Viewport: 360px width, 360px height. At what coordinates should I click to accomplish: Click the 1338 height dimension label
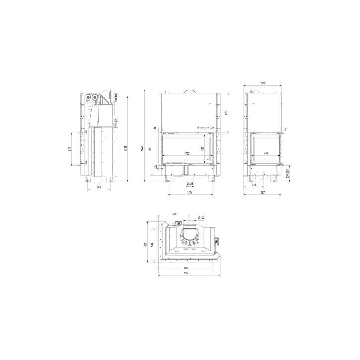coord(126,148)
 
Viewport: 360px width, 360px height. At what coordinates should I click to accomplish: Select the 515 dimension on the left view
coord(70,149)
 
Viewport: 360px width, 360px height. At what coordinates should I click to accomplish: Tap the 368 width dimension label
coord(99,187)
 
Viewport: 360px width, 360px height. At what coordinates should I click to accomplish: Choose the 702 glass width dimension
coord(187,153)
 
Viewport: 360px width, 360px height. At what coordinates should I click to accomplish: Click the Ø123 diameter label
coord(189,184)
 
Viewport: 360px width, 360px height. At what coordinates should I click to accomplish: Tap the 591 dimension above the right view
coord(263,83)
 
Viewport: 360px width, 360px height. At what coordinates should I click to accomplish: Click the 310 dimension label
coord(254,185)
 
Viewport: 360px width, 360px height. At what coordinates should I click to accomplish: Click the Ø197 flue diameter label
coord(201,218)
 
